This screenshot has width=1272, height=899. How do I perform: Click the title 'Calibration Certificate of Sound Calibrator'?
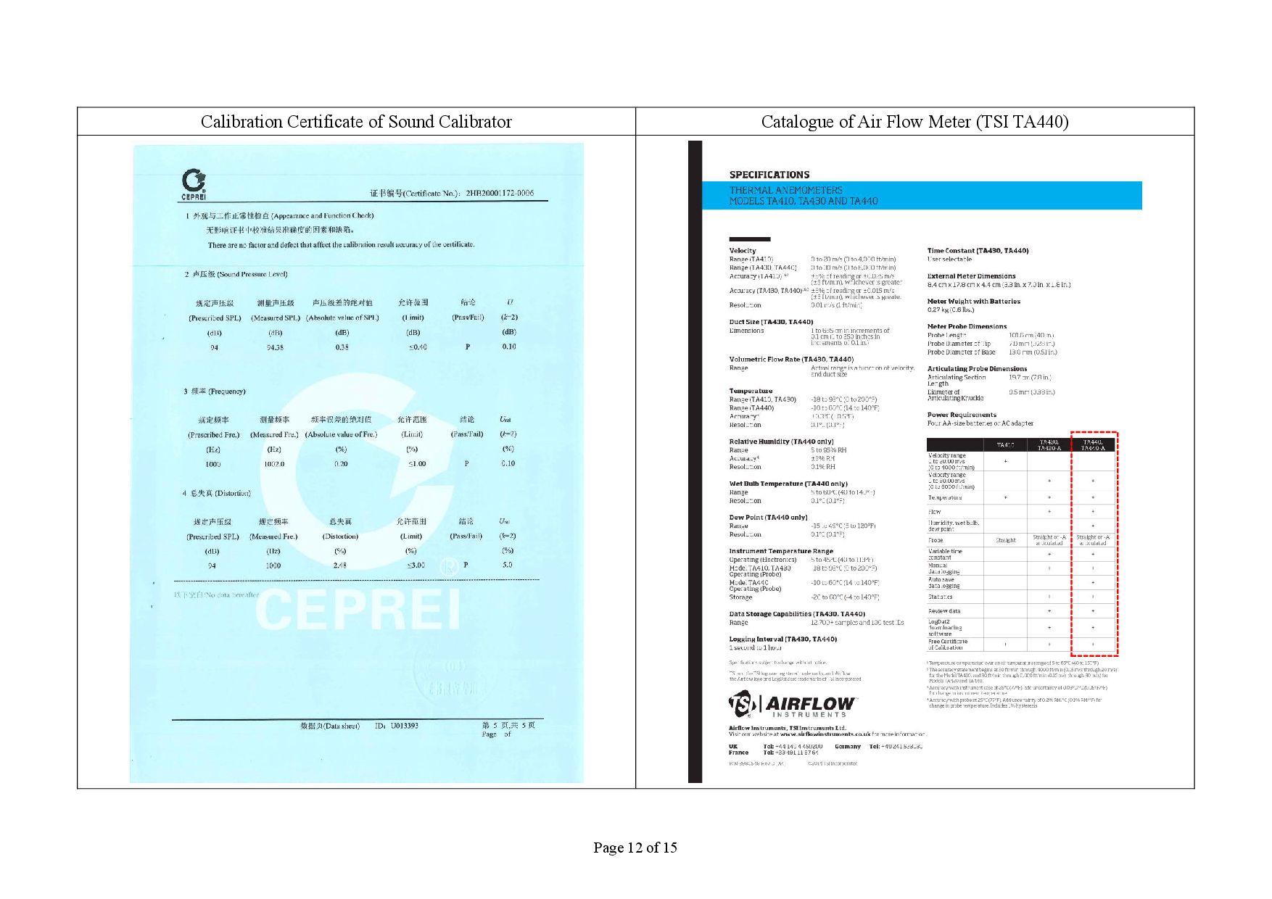click(x=356, y=122)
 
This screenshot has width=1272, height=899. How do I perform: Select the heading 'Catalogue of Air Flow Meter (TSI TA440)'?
click(x=914, y=122)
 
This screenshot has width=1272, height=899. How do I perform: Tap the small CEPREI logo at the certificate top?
click(x=194, y=184)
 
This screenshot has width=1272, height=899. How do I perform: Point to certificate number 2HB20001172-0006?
click(x=500, y=194)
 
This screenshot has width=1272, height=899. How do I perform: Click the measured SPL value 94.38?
click(x=275, y=347)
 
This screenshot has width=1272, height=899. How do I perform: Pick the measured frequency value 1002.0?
click(x=274, y=464)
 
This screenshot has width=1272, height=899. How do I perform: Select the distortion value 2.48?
click(x=339, y=565)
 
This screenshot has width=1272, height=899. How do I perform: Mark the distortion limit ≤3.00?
click(x=416, y=565)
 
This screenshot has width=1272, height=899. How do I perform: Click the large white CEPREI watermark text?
click(x=358, y=610)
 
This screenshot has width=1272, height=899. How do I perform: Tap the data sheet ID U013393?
click(x=404, y=726)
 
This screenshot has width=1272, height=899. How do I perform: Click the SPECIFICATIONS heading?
click(x=769, y=175)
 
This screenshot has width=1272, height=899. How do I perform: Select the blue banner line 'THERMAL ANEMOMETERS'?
click(x=785, y=190)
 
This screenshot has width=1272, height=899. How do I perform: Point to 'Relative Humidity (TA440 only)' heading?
click(x=781, y=442)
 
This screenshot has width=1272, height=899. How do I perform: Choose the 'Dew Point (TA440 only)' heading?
click(x=768, y=518)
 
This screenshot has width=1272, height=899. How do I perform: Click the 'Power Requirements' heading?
click(x=962, y=415)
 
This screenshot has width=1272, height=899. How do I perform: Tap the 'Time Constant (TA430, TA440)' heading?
click(x=978, y=251)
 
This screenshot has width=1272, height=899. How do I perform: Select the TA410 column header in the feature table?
click(x=1005, y=445)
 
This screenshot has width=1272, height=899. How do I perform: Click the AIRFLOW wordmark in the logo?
click(x=811, y=704)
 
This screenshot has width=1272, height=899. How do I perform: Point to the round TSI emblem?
click(x=742, y=704)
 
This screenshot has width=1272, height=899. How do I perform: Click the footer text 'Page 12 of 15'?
click(x=635, y=848)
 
